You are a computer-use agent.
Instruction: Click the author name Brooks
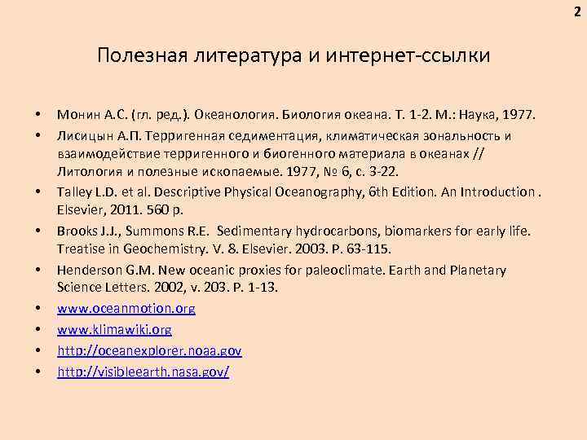77,231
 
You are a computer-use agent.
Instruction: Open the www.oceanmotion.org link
126,310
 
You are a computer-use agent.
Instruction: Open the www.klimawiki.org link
114,330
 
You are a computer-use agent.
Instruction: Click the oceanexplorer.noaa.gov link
149,350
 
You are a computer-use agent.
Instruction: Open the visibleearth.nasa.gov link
143,372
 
